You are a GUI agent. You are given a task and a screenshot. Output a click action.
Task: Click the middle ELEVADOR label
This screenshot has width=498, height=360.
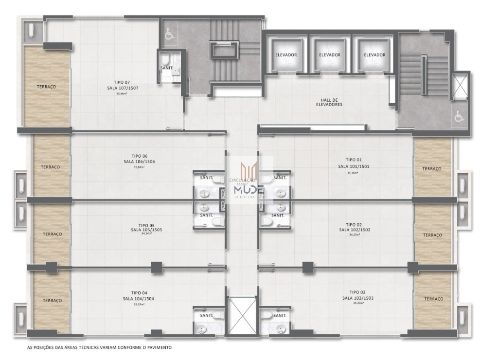pos(329,55)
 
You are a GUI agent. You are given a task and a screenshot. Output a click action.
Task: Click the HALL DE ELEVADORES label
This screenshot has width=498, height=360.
pos(329,102)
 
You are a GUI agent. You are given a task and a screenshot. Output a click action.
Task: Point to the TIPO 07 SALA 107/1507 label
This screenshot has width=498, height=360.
pos(119,85)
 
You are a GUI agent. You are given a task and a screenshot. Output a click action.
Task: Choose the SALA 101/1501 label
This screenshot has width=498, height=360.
pos(354,166)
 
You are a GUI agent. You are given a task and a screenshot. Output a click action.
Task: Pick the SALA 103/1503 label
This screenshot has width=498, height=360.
pos(357,298)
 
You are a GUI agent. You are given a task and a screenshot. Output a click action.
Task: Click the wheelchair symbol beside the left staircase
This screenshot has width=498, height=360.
pos(169,35)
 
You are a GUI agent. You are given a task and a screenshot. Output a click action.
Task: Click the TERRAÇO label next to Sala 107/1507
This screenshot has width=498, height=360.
pos(47,87)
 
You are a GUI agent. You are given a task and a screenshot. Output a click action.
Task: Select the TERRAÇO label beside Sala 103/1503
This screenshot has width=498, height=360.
pos(433,299)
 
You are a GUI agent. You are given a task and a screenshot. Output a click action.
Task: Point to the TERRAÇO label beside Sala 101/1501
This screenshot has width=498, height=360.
pos(432,168)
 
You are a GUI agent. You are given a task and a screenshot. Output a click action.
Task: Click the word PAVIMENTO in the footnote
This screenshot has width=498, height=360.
pos(158,348)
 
